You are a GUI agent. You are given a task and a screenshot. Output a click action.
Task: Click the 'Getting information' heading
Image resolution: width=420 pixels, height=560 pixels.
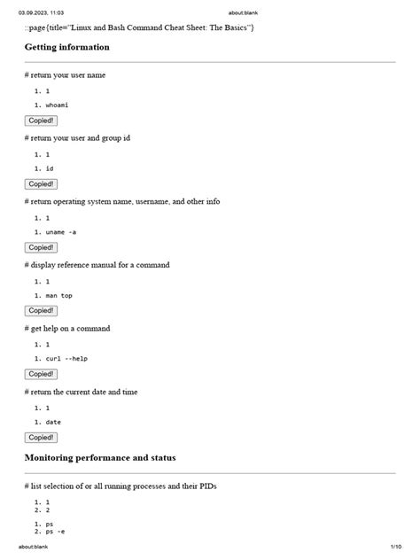click(67, 47)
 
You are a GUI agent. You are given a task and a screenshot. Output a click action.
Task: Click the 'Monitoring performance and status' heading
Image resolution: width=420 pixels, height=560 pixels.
click(100, 458)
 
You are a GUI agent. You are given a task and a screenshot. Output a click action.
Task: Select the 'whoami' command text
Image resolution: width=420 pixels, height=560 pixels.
click(58, 105)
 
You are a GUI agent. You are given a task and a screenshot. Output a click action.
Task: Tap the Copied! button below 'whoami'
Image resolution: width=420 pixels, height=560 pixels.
click(41, 121)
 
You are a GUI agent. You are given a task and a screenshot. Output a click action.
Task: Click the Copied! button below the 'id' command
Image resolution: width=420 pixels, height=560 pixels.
click(41, 184)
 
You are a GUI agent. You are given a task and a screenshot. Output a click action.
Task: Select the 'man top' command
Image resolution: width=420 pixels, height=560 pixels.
click(59, 295)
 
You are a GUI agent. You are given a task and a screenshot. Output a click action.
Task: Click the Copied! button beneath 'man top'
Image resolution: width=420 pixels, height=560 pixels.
click(41, 311)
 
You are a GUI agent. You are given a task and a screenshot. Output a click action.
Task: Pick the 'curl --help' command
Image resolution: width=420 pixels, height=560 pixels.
click(66, 359)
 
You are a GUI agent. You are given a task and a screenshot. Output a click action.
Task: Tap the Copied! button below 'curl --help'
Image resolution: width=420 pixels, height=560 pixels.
click(41, 374)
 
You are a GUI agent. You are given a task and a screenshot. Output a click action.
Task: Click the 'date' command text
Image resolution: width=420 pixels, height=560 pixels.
click(54, 422)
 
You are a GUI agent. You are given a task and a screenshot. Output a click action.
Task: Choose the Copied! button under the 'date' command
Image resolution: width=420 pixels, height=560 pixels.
click(41, 438)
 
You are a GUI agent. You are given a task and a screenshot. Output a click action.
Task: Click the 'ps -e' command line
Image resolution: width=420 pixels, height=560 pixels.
click(55, 532)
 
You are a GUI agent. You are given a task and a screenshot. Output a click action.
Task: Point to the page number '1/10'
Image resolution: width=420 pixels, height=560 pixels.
click(395, 547)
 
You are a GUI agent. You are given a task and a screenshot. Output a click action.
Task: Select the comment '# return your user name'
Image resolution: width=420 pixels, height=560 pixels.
click(66, 75)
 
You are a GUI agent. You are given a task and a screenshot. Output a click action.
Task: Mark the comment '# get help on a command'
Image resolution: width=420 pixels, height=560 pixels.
click(68, 328)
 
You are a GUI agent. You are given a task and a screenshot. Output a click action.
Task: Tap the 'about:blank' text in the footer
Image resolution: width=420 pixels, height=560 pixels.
click(34, 547)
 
